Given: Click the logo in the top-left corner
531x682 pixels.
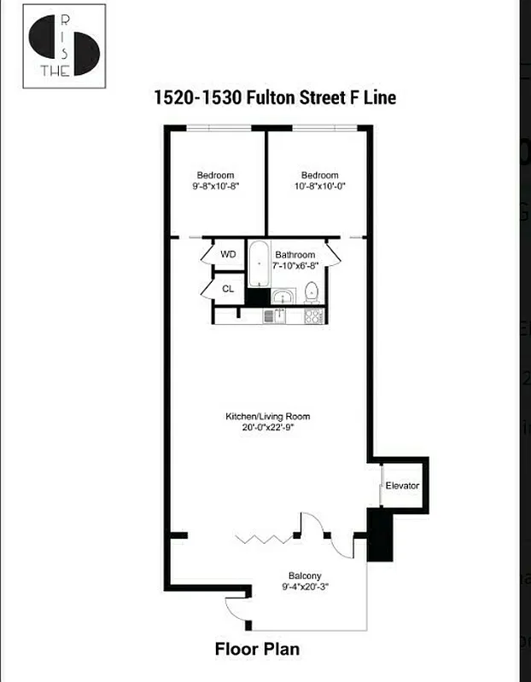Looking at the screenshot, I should pyautogui.click(x=63, y=47).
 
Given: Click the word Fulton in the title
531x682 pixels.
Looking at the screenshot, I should pyautogui.click(x=273, y=97).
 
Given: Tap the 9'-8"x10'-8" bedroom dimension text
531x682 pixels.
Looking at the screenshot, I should pyautogui.click(x=215, y=186).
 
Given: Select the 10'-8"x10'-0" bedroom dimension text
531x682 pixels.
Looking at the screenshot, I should pyautogui.click(x=319, y=186).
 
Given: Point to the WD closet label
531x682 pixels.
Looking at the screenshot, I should pyautogui.click(x=228, y=254).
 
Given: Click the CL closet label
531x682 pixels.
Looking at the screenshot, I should pyautogui.click(x=228, y=289).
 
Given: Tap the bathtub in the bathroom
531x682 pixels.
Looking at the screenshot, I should pyautogui.click(x=259, y=263).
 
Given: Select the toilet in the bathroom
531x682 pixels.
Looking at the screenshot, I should pyautogui.click(x=312, y=292).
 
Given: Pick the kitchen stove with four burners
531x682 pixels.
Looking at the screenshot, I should pyautogui.click(x=313, y=316).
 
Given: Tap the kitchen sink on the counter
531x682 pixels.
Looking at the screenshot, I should pyautogui.click(x=272, y=316).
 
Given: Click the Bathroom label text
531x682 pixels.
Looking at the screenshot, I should pyautogui.click(x=295, y=255).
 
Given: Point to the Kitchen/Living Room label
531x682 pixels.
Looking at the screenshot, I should pyautogui.click(x=267, y=416).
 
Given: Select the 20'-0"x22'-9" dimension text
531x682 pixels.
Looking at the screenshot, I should pyautogui.click(x=267, y=427).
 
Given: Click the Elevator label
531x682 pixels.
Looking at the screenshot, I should pyautogui.click(x=402, y=486).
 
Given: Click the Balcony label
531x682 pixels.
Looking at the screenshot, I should pyautogui.click(x=304, y=575).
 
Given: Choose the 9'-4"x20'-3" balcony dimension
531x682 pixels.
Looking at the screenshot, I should pyautogui.click(x=304, y=587).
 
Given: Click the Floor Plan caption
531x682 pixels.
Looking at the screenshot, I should pyautogui.click(x=256, y=650).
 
